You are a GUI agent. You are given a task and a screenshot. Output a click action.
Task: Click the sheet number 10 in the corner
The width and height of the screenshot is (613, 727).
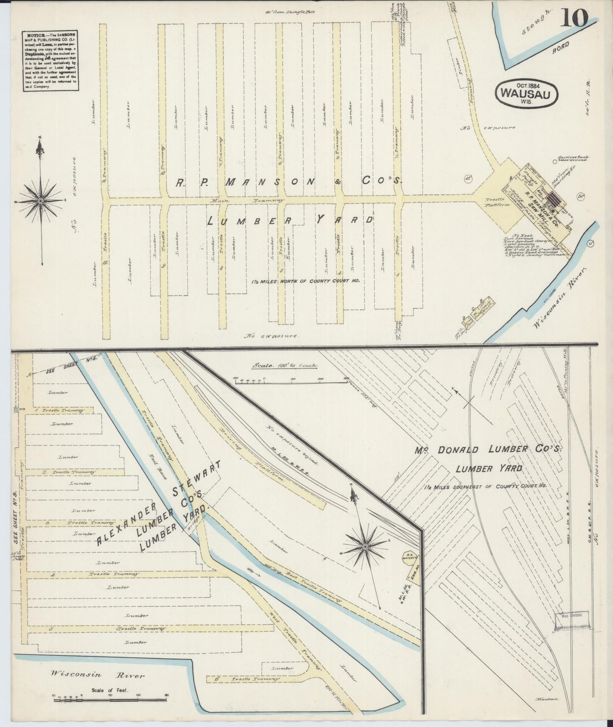(x=575, y=18)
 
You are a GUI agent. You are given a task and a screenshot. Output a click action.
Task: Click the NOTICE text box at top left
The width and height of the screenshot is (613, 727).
(x=50, y=59)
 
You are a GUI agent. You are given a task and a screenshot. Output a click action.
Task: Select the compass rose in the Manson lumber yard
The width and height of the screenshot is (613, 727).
(x=40, y=200)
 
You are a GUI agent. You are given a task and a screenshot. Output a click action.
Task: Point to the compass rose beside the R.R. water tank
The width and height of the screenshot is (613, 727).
(x=365, y=547)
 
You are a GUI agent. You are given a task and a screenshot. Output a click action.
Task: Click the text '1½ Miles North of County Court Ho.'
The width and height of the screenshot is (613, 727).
(x=305, y=281)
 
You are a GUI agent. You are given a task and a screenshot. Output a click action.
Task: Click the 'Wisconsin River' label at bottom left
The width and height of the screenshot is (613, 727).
(x=98, y=674)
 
